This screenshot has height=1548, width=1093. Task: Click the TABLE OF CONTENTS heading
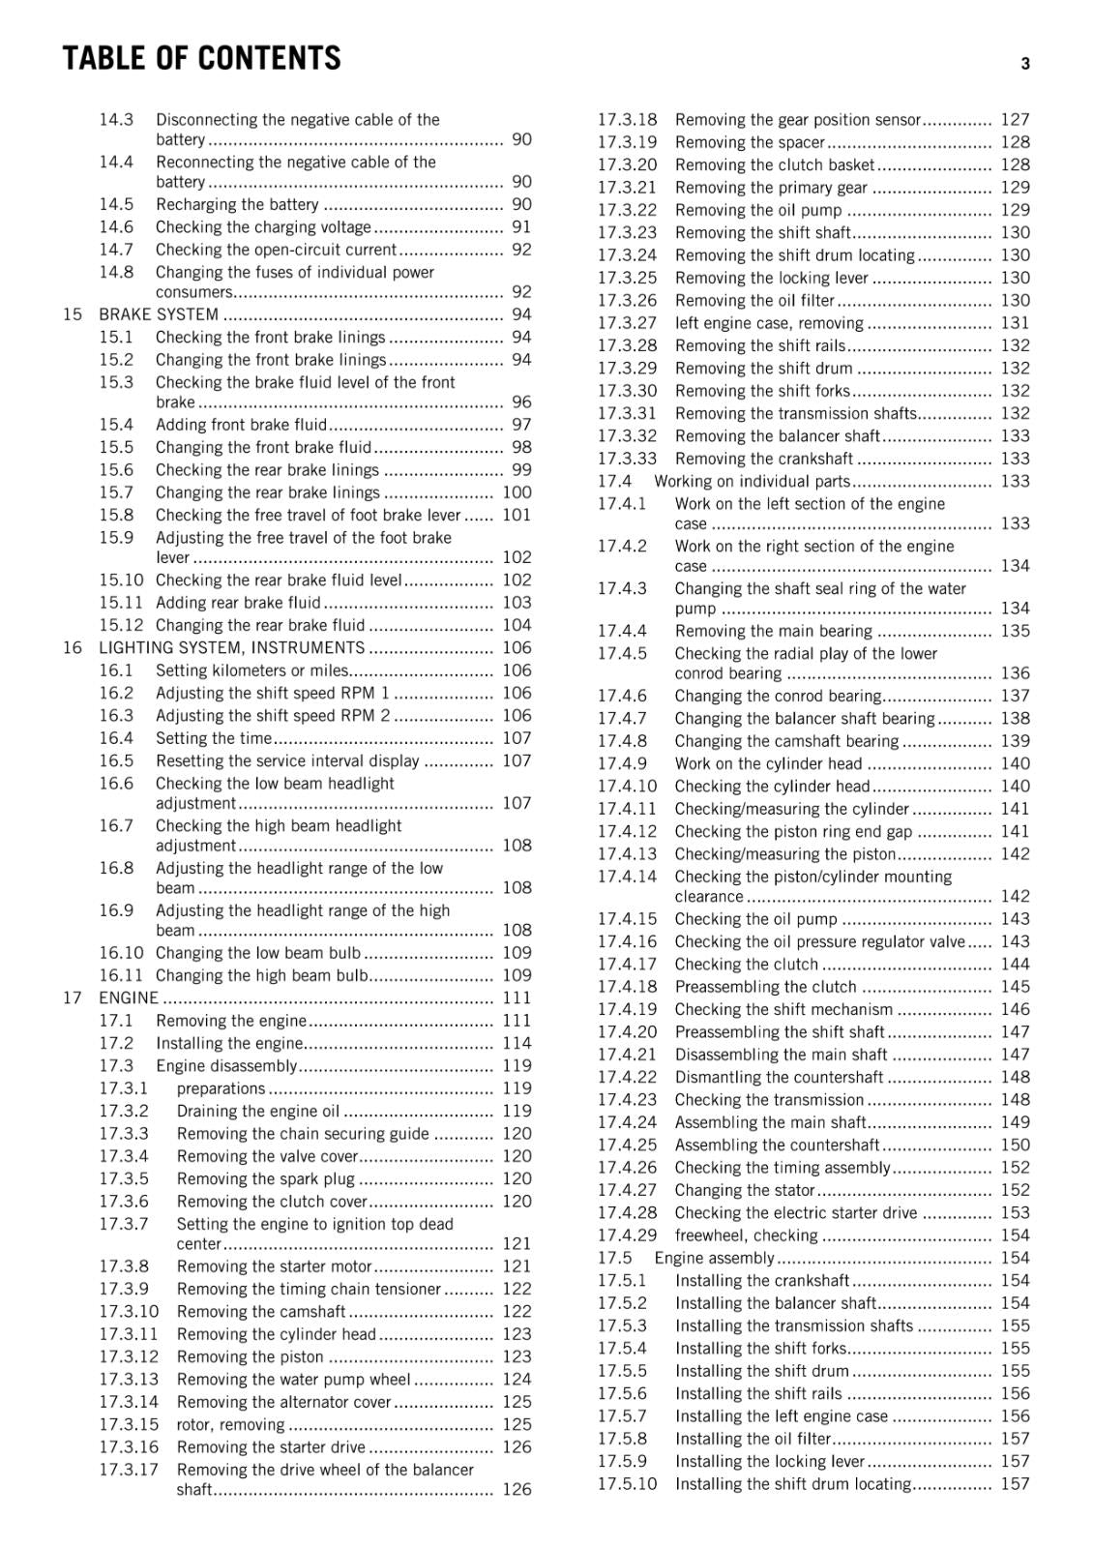point(201,59)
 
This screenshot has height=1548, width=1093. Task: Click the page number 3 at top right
point(1024,64)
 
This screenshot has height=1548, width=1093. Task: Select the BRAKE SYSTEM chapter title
point(159,314)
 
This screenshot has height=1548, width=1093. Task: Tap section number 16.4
point(116,738)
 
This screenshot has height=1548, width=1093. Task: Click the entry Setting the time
point(214,738)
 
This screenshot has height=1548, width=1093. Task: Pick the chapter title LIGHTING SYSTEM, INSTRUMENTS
point(231,648)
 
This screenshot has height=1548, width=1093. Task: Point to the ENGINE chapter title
point(128,997)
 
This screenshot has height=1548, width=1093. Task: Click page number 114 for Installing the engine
point(517,1043)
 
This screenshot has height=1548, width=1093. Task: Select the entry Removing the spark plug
point(265,1178)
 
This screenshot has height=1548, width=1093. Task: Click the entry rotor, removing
point(230,1424)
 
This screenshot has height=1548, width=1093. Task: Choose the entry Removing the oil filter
point(754,301)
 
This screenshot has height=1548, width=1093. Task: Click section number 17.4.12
point(627,831)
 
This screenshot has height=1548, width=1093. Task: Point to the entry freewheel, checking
point(746,1235)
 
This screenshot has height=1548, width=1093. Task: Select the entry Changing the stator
point(745,1190)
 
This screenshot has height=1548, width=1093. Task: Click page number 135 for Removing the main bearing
point(1015,631)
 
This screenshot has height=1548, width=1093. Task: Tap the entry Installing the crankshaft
point(762,1281)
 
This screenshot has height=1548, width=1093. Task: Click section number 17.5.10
point(627,1484)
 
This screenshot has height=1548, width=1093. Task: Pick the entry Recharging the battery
point(237,204)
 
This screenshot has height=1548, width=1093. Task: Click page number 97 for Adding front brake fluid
point(521,425)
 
